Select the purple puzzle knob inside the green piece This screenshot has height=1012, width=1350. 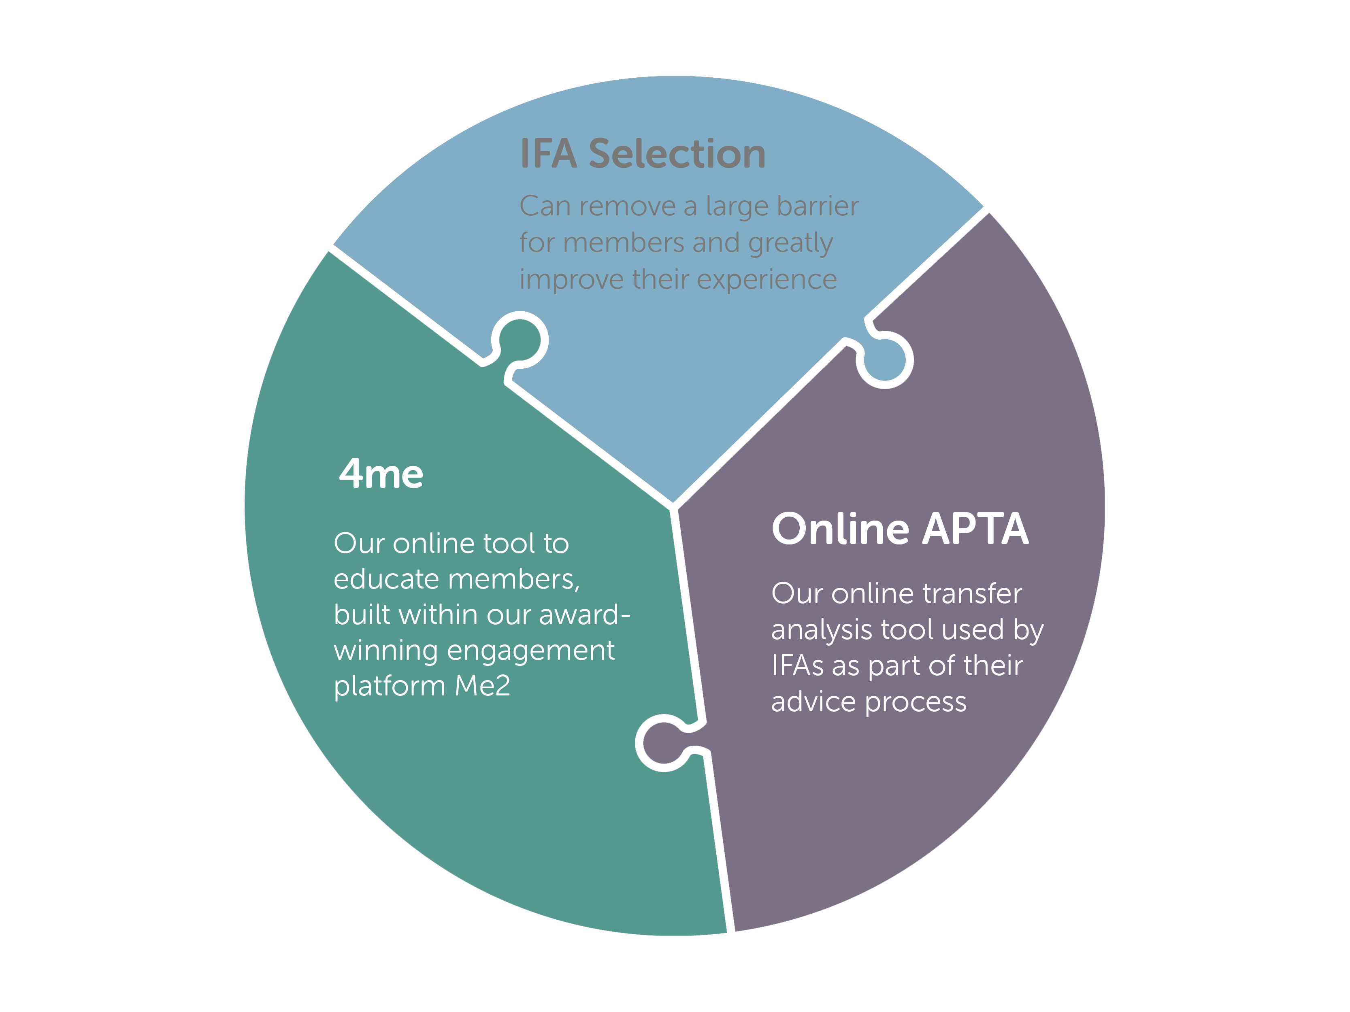click(x=663, y=743)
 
